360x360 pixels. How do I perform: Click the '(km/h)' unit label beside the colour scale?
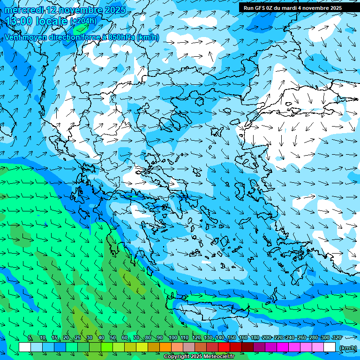(347, 347)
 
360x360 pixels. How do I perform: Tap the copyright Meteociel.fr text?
(199, 357)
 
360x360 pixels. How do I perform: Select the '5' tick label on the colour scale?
(30, 337)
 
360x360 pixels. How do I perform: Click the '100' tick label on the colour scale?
(172, 337)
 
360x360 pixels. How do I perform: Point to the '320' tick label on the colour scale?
(337, 337)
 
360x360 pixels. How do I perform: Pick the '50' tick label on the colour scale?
(113, 337)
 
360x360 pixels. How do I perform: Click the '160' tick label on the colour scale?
(243, 337)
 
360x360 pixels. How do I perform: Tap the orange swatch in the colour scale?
(165, 347)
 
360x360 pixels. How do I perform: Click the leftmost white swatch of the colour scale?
(25, 347)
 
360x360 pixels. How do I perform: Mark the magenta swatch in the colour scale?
(283, 347)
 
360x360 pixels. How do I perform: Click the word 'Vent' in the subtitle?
(14, 37)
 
